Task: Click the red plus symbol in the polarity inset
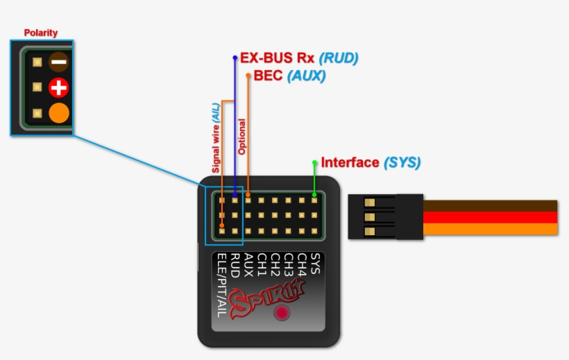point(58,87)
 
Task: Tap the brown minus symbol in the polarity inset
point(58,62)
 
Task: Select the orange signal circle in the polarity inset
point(59,113)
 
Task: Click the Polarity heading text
point(41,33)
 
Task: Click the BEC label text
point(269,76)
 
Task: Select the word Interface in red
point(350,163)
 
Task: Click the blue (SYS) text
point(402,163)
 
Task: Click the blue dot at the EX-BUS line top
point(235,58)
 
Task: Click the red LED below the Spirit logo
point(282,313)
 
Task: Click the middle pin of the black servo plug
point(369,217)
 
